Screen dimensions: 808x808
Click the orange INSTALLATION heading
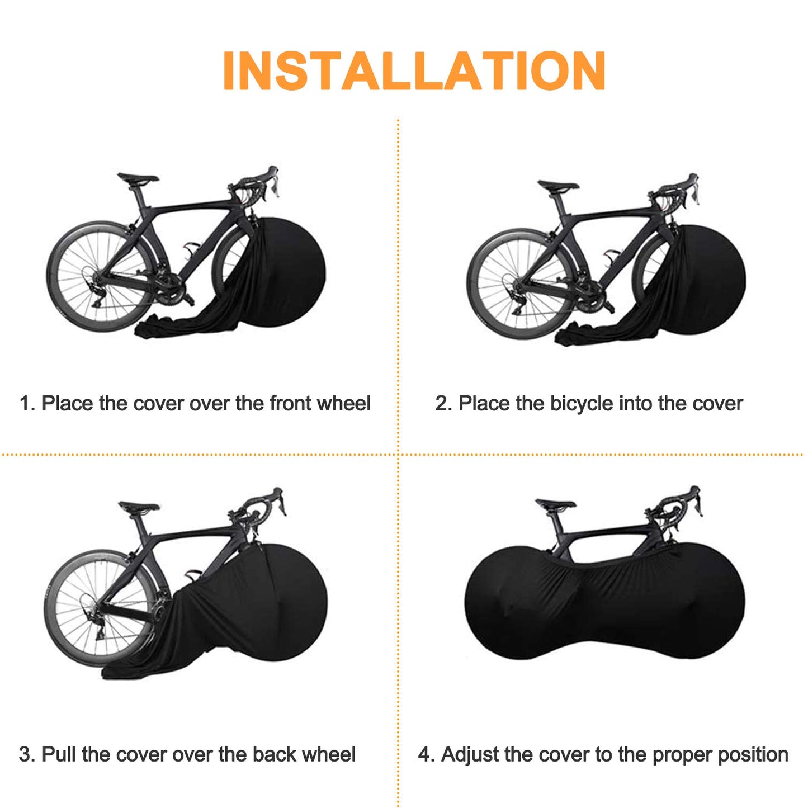pos(414,71)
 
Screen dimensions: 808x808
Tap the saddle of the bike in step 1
pos(138,179)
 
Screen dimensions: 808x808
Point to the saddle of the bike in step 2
pos(557,186)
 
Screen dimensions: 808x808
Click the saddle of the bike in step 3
pos(139,507)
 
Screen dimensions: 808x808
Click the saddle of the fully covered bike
pos(555,503)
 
